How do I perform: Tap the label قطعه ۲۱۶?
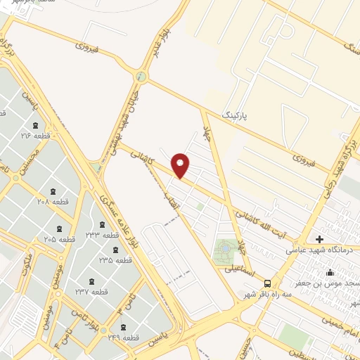(36, 136)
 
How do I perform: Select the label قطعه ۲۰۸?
(52, 201)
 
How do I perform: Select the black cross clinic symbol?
(320, 239)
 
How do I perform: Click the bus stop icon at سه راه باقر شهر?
(266, 283)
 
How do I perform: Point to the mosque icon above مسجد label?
(330, 273)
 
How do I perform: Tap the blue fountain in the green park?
(225, 248)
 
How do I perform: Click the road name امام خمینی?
(340, 321)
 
